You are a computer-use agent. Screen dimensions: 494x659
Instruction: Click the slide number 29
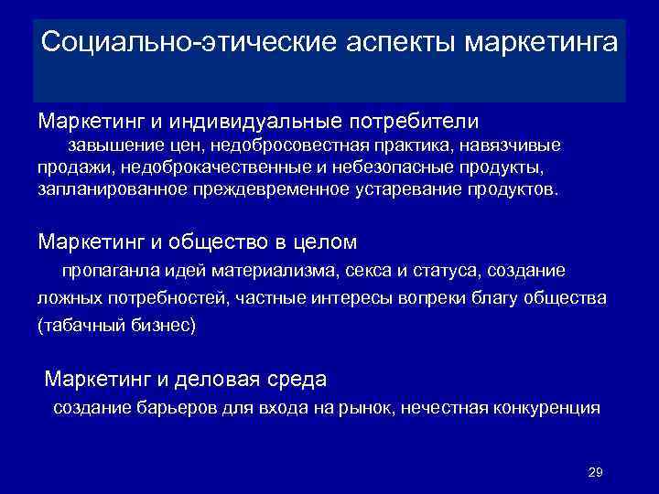(594, 472)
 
